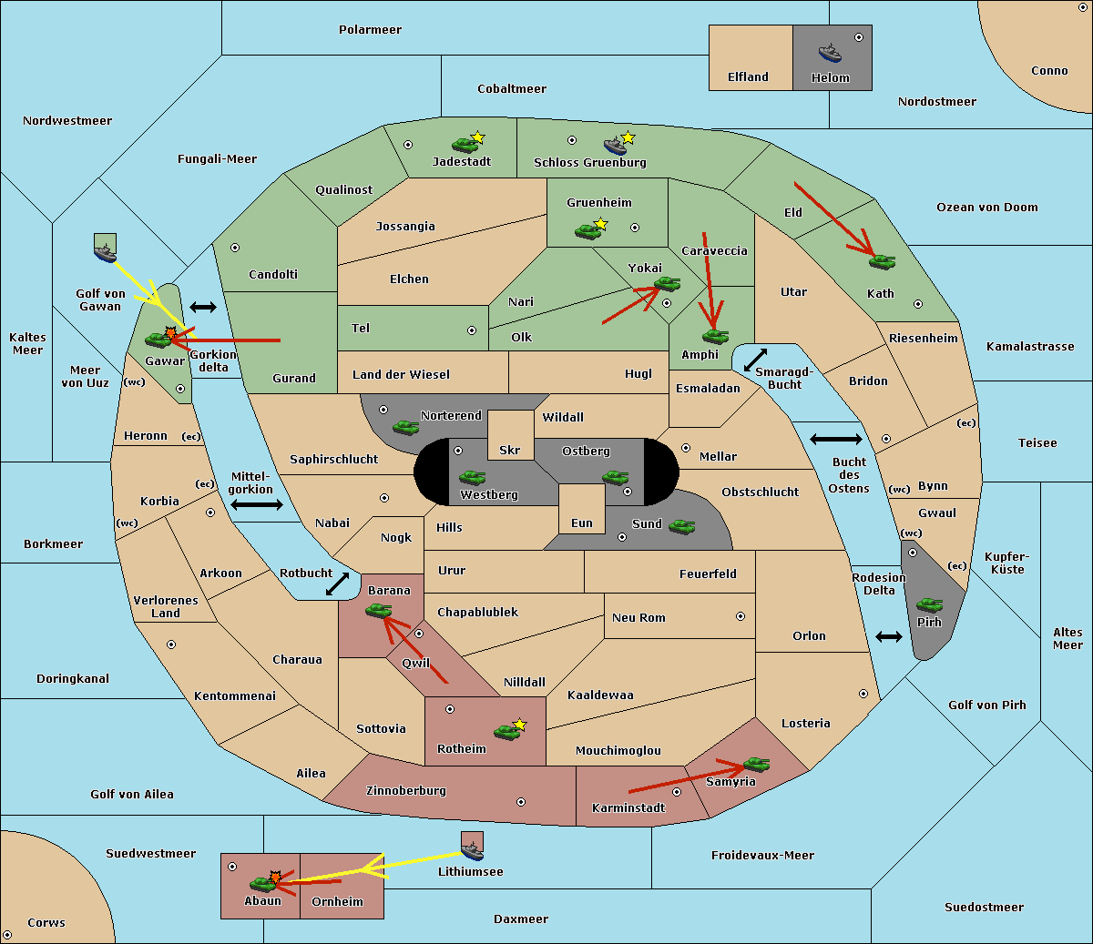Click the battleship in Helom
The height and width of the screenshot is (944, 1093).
point(830,53)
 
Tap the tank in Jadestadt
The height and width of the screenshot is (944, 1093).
point(465,144)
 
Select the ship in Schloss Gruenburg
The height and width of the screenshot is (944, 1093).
point(617,146)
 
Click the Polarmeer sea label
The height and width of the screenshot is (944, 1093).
point(370,30)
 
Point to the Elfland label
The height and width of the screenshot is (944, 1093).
point(748,77)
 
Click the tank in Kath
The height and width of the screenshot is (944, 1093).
point(881,262)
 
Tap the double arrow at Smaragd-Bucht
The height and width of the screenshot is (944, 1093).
point(756,360)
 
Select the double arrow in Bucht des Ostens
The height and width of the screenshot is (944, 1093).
point(835,440)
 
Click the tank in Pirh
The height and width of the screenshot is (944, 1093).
point(929,605)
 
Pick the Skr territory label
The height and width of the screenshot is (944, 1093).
point(510,451)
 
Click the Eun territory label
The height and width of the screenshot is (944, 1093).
point(582,523)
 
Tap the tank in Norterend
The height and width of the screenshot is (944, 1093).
point(405,427)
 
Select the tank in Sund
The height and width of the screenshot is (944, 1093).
point(681,526)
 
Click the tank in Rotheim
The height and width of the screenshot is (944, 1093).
point(506,731)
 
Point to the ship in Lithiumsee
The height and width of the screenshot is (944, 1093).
point(472,850)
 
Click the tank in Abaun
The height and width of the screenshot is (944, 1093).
point(263,883)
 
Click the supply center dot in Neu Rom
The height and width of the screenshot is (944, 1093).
point(741,616)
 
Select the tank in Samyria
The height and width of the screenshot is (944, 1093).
point(756,764)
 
